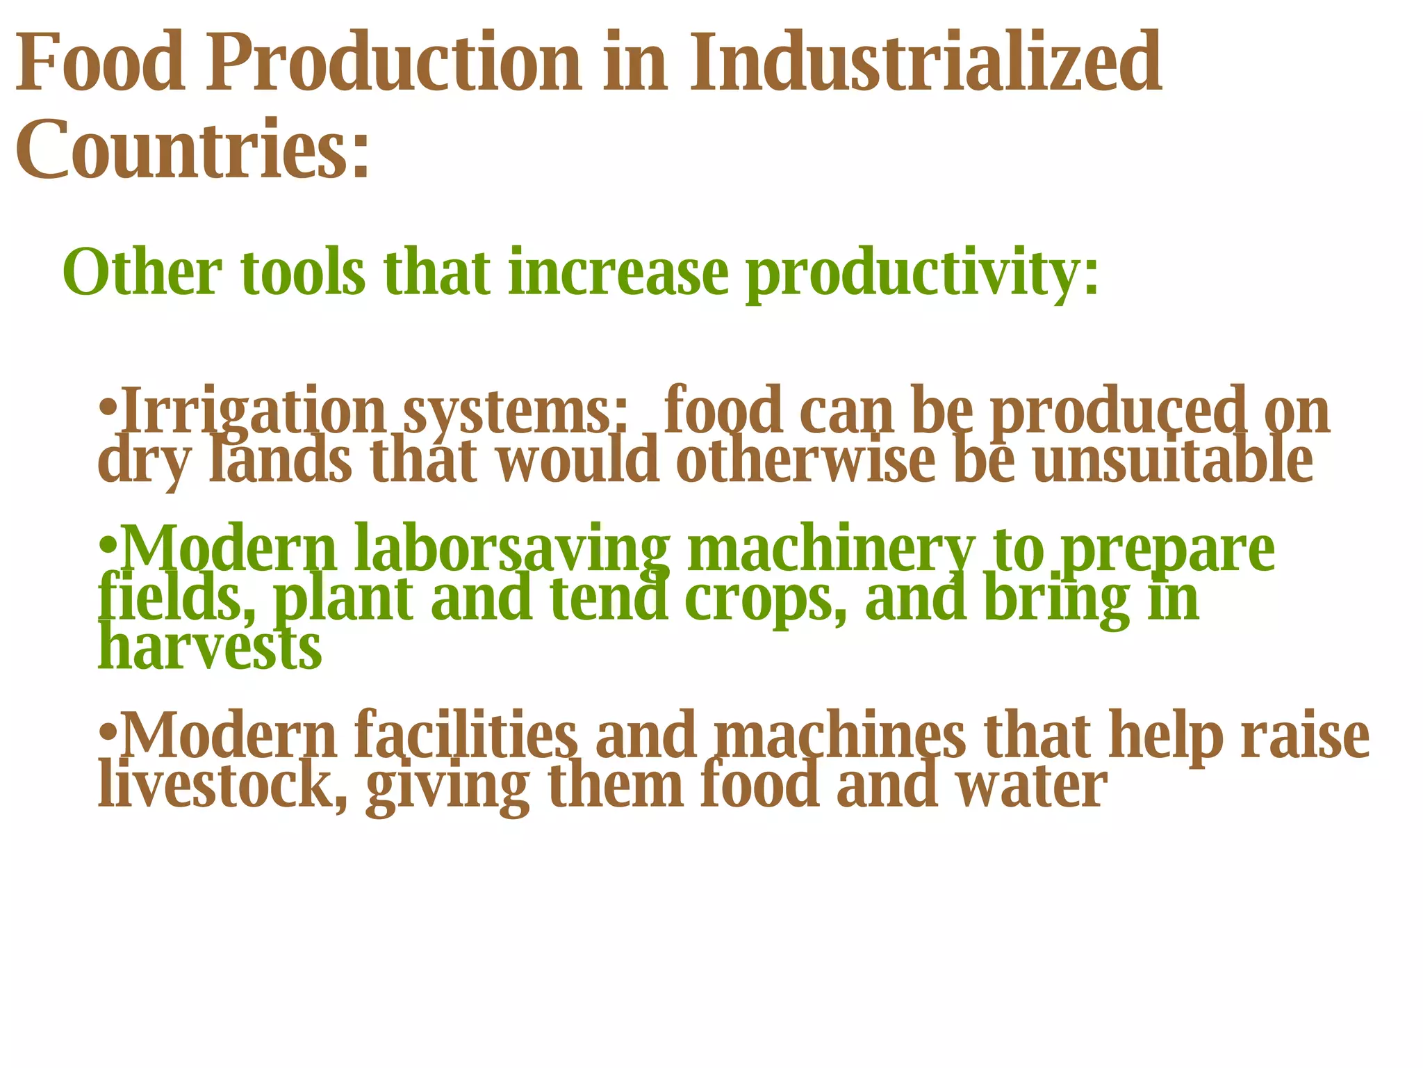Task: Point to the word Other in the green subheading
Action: [142, 273]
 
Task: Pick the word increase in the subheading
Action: [618, 273]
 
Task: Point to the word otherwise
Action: [805, 460]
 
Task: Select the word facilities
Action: [466, 736]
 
